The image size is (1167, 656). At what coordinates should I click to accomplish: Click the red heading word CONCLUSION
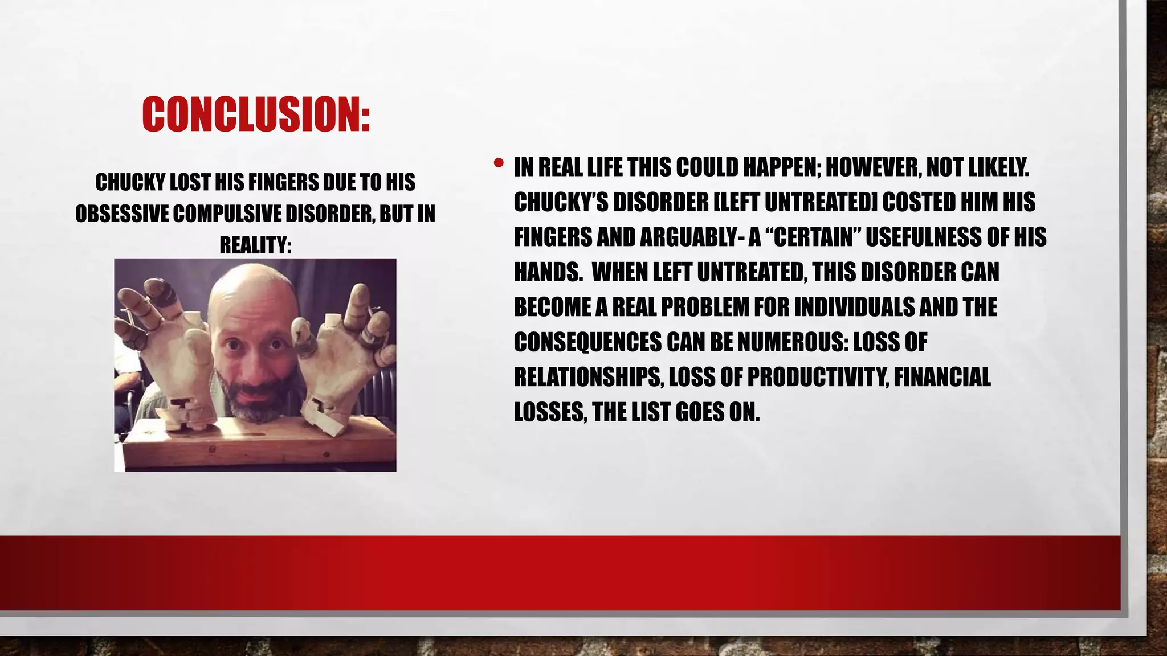[256, 114]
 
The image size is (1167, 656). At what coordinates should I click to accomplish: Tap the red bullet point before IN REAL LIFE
[499, 163]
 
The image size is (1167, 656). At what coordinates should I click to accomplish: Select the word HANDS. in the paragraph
[548, 272]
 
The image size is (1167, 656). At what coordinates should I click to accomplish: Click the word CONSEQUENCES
[587, 342]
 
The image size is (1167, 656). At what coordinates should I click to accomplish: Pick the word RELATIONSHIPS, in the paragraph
[589, 377]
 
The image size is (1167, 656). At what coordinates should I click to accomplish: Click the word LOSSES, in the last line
[550, 412]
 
